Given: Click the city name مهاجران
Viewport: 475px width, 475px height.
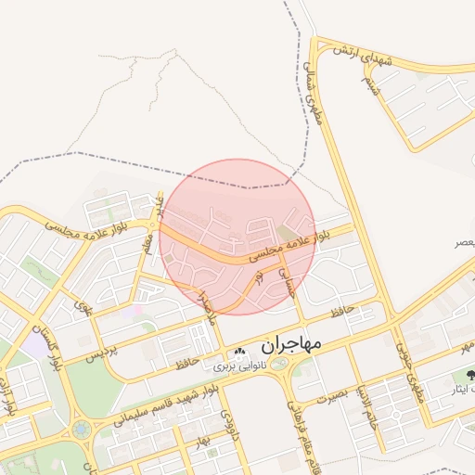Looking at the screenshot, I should [x=290, y=345].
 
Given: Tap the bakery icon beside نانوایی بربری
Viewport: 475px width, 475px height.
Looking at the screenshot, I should [x=239, y=352].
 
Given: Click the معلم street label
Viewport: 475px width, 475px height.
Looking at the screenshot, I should [x=146, y=245].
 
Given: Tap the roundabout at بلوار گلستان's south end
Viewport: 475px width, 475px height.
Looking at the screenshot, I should [x=83, y=430].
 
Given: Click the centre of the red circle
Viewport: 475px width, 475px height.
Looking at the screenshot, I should [x=237, y=237].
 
